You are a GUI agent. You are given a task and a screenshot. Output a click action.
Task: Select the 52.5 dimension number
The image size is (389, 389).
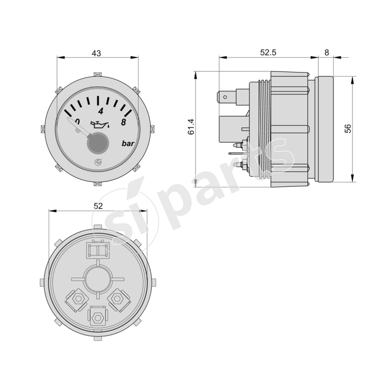coord(268,53)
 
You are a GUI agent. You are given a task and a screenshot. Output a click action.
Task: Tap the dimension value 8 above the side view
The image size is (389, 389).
coord(326,53)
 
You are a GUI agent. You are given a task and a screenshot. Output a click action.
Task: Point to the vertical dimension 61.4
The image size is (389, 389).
coord(191,127)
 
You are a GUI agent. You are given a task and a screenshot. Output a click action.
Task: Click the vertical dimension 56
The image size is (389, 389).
coord(348,129)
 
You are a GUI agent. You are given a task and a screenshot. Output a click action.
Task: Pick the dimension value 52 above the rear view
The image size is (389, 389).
coord(98,206)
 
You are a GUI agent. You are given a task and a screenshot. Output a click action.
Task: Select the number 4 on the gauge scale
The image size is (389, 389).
coord(100,110)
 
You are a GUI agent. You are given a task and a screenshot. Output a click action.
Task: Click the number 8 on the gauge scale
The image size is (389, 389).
coord(124,123)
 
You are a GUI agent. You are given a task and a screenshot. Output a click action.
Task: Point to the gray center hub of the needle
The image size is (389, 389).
coord(97,144)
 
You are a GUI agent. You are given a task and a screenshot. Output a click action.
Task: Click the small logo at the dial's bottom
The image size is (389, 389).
coord(97,163)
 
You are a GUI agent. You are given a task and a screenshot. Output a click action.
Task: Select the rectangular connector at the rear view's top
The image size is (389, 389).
coord(98,250)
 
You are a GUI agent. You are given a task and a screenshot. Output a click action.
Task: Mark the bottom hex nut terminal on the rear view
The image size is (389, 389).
coord(98,317)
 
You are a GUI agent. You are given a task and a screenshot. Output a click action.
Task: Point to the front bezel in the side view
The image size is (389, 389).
coord(325,129)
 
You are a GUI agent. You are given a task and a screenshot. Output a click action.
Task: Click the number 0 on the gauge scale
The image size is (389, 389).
coord(76,122)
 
